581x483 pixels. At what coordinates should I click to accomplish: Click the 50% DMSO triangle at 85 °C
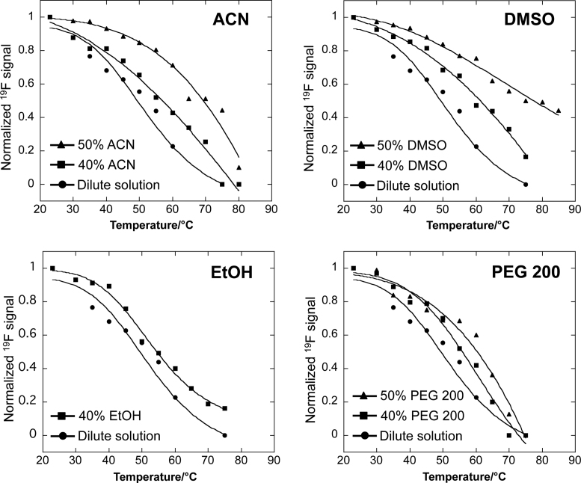point(559,111)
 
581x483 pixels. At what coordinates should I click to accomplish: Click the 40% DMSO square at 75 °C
point(526,157)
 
